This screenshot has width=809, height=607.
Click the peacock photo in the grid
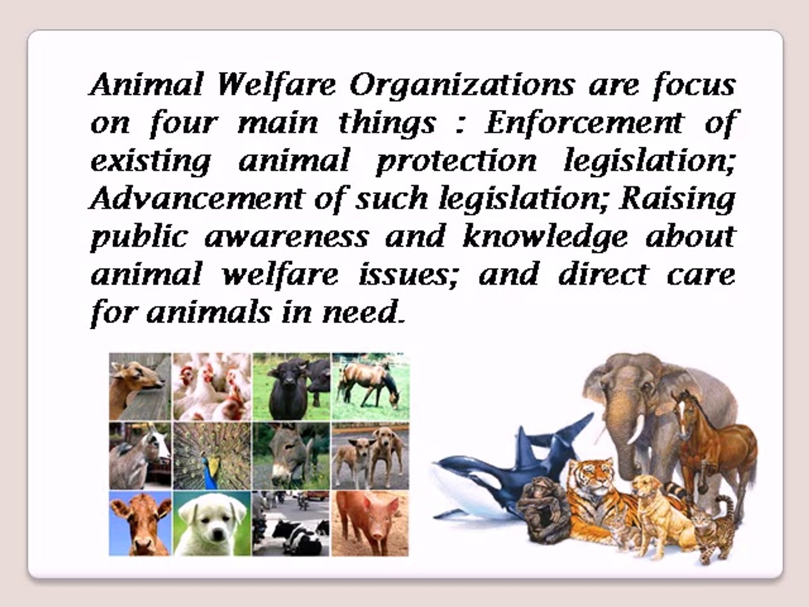[212, 455]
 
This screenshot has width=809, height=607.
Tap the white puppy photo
[212, 523]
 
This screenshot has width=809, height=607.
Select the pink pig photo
[370, 523]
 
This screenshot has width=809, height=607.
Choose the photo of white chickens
[212, 386]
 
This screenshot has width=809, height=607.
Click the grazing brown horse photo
[370, 386]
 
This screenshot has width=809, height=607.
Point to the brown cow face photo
[140, 523]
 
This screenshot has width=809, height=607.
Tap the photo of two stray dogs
[370, 455]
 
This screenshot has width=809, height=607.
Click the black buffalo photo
[291, 386]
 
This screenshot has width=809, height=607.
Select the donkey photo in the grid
[291, 455]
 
